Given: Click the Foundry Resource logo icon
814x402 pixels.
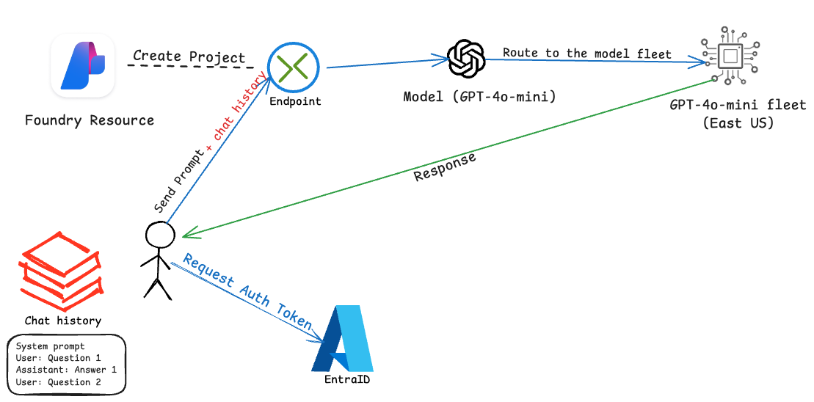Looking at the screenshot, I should click(82, 67).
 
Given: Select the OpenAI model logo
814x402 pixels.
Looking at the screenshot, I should click(467, 58).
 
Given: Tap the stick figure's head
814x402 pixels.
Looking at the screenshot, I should click(160, 235).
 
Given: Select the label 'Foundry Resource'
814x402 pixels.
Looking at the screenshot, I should click(90, 120).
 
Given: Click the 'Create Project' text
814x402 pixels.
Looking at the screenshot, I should click(189, 56).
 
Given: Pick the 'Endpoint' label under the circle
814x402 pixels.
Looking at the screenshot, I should click(294, 101).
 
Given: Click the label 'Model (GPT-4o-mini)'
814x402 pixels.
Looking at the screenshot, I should click(479, 97).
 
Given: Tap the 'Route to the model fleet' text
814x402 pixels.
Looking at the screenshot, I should click(586, 52).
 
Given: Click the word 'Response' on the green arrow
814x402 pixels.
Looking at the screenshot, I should click(445, 167).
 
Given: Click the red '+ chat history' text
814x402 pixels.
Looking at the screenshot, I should click(239, 107).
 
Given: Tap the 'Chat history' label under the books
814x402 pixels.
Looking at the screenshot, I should click(63, 321).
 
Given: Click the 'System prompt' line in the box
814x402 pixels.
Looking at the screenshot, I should click(50, 346).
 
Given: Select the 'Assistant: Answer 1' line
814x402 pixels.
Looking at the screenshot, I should click(66, 370).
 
